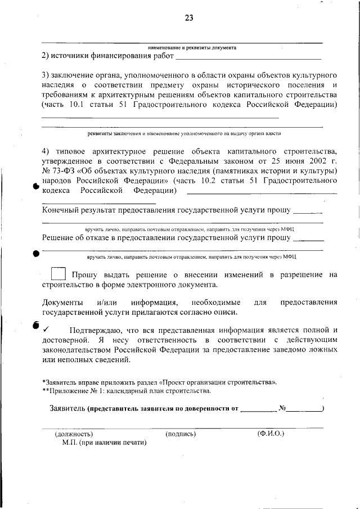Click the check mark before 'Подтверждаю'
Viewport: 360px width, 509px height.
click(46, 330)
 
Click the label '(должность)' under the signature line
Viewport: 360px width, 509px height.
click(73, 434)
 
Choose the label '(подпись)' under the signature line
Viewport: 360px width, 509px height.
click(181, 434)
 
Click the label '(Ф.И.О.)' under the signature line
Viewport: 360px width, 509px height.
click(271, 434)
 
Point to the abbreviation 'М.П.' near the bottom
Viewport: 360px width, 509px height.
click(71, 443)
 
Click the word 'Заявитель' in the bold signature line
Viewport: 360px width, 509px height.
click(67, 408)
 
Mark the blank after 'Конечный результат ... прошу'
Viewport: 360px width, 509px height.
click(308, 212)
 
